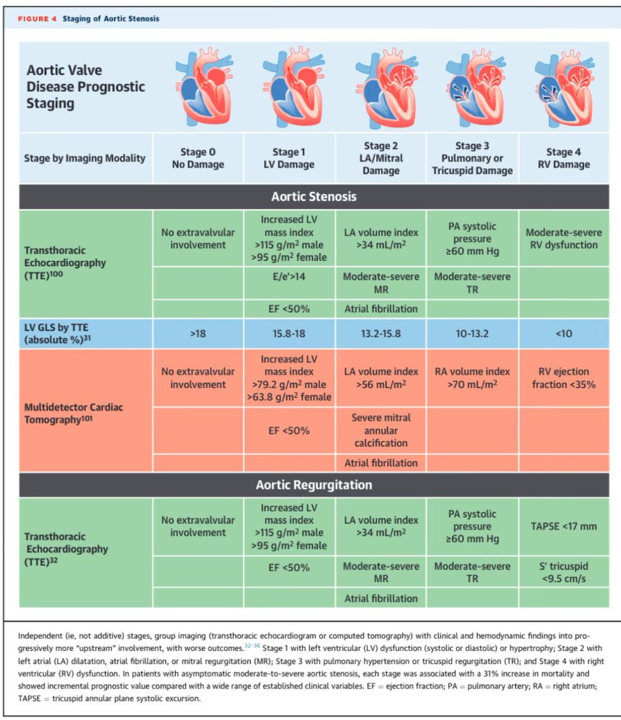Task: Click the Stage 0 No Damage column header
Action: coord(198,158)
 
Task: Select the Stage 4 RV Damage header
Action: coord(563,158)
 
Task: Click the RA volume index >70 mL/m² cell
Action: coord(472,378)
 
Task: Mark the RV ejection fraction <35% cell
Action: coord(563,378)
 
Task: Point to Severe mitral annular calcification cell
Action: coord(381,431)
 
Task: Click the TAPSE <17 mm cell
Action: coord(563,526)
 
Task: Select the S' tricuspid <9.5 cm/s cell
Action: coord(563,572)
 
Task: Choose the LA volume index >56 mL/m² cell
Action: coord(381,378)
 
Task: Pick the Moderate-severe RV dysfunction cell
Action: coord(563,238)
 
